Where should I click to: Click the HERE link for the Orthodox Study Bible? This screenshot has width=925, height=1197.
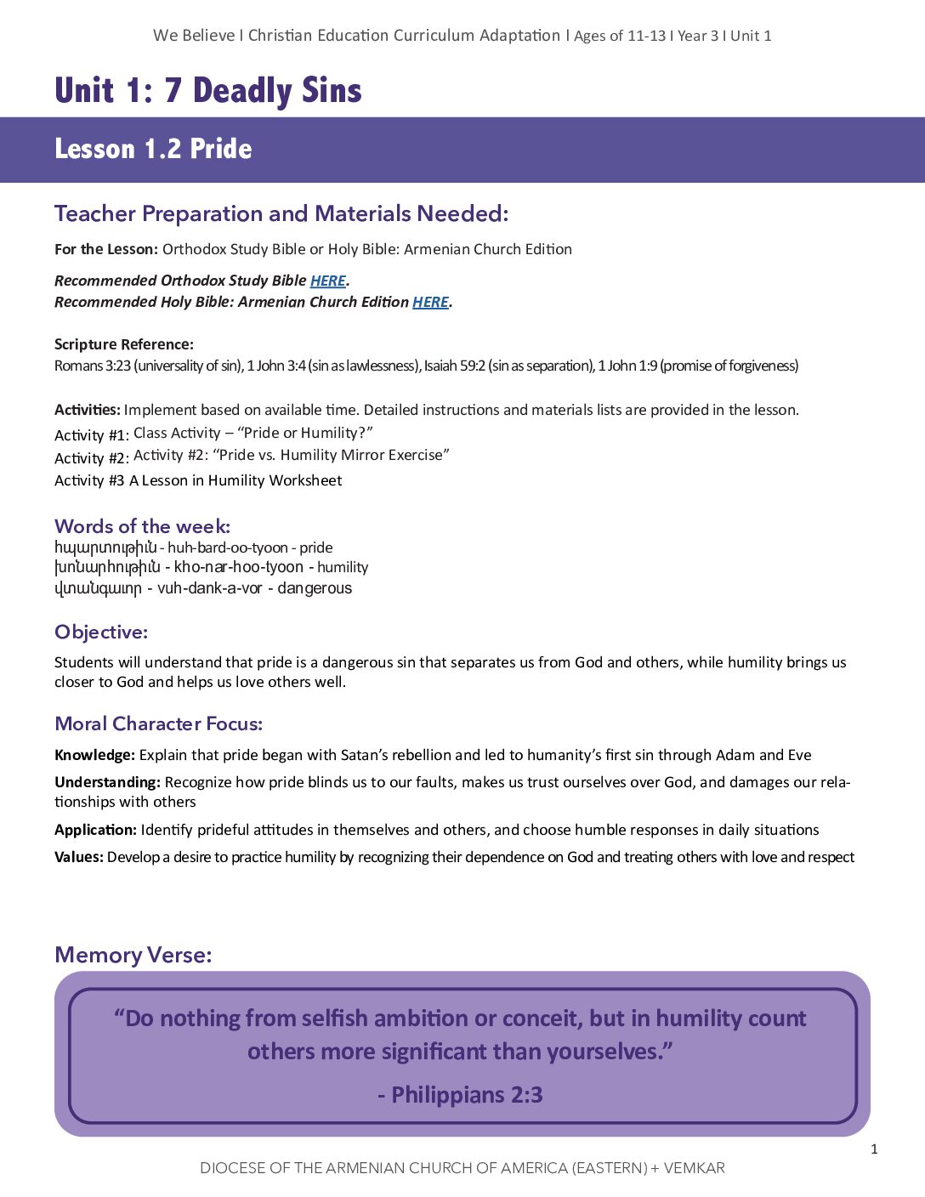[x=327, y=281]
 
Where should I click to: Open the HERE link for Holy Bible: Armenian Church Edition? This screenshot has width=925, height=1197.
[x=430, y=302]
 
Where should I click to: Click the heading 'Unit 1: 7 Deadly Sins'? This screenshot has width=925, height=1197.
[x=208, y=91]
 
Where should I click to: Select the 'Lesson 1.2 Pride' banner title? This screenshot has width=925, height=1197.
[x=153, y=149]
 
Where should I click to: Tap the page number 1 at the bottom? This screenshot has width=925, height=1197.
[x=874, y=1149]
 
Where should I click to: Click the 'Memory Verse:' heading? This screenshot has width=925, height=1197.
[x=133, y=955]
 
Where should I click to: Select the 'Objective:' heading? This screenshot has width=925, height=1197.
[x=101, y=632]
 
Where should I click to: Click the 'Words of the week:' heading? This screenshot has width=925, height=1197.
[x=142, y=526]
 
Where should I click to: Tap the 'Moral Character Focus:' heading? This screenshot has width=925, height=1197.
[x=158, y=723]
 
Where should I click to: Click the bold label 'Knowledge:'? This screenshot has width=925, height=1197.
[x=94, y=755]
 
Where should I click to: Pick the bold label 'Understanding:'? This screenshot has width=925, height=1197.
[x=107, y=782]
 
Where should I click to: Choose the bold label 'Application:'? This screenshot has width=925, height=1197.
[x=95, y=830]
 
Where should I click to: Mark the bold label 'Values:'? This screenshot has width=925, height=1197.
[x=79, y=857]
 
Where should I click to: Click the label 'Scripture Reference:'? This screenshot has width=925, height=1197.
[x=124, y=344]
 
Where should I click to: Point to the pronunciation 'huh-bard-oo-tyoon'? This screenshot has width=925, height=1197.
[x=227, y=547]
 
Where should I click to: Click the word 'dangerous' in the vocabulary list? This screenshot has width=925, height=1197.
[x=315, y=588]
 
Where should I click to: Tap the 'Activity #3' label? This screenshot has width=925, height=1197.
[x=89, y=480]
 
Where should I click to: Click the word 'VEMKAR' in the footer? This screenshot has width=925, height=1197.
[x=694, y=1168]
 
